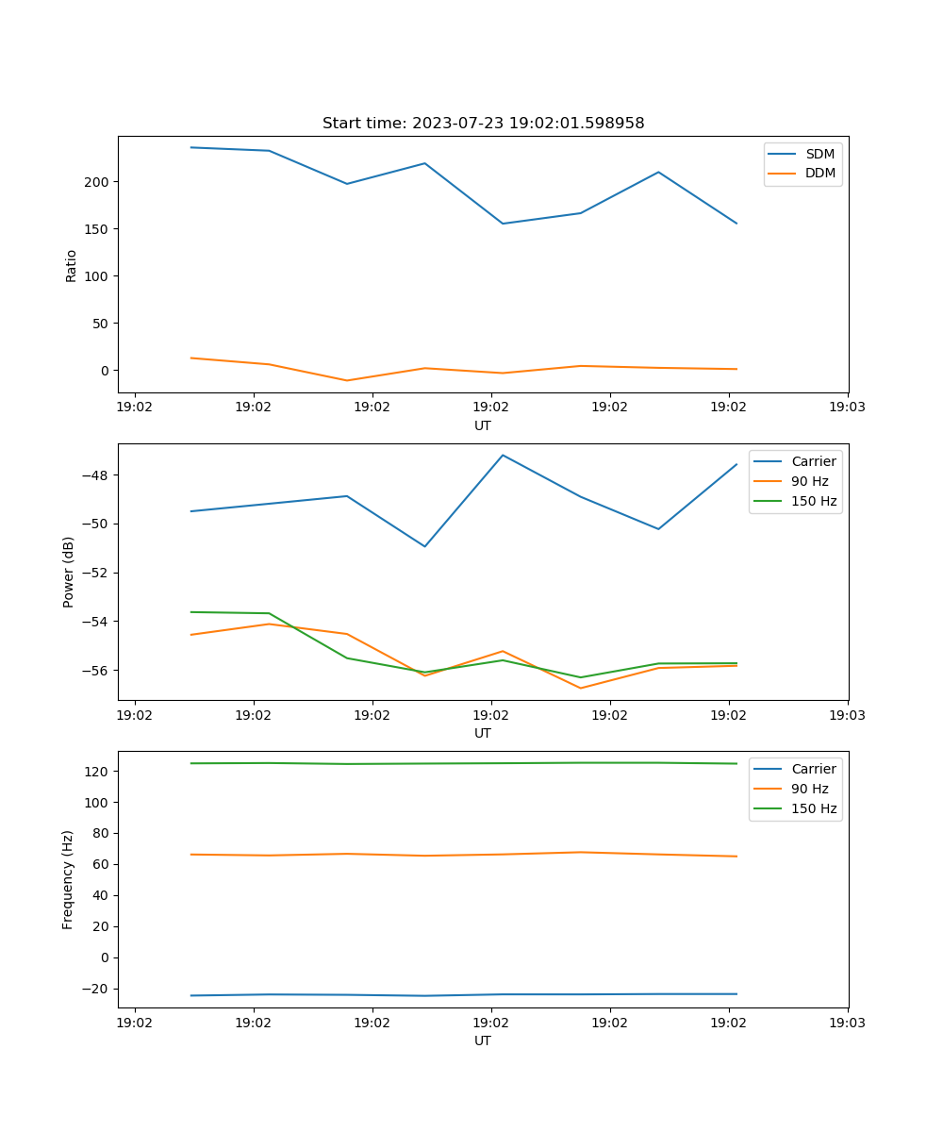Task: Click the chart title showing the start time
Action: (x=483, y=124)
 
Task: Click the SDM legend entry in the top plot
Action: (x=819, y=154)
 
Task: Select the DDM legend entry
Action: (x=819, y=173)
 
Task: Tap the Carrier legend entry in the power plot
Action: (x=813, y=461)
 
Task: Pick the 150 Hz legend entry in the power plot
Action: (x=813, y=501)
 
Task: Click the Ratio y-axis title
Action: (x=72, y=265)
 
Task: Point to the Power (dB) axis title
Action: (x=69, y=572)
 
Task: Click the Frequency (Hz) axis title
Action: (x=69, y=879)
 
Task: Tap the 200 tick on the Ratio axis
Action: (x=98, y=182)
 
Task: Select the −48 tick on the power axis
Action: (x=98, y=474)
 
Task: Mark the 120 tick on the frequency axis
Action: (x=98, y=772)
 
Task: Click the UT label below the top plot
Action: (x=483, y=425)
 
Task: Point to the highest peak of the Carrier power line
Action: (x=503, y=455)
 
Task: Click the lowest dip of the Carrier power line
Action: (x=424, y=546)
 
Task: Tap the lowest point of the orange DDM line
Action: (x=347, y=380)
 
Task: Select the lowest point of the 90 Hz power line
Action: (x=580, y=688)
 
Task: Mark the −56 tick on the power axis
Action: (x=98, y=671)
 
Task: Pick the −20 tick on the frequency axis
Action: (x=98, y=989)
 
